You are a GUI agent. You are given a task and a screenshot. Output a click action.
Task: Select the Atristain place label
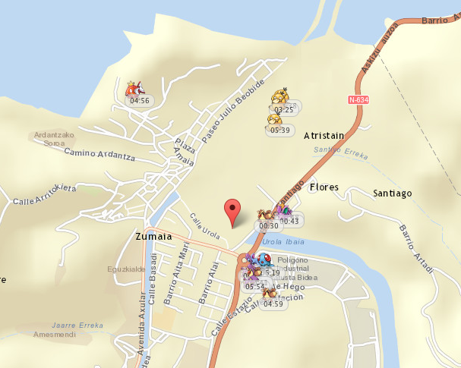click(x=324, y=136)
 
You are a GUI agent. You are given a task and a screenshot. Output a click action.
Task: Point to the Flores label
click(x=324, y=187)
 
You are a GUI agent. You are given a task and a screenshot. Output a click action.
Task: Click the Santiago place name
click(x=392, y=193)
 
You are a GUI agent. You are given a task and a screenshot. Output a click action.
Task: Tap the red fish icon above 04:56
click(x=134, y=88)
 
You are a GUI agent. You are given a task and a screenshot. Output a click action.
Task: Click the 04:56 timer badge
click(x=139, y=100)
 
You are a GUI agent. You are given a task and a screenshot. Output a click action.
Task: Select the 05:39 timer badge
click(x=280, y=131)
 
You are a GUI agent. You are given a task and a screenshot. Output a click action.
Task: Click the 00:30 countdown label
click(x=268, y=225)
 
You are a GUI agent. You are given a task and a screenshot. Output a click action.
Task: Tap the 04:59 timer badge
click(x=273, y=304)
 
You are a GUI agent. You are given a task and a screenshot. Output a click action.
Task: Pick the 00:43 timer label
click(x=289, y=221)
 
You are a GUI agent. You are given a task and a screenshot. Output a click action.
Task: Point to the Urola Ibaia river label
click(x=283, y=242)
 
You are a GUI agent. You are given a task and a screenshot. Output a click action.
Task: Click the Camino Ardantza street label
click(x=99, y=154)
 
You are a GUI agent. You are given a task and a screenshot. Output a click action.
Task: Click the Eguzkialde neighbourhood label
click(x=127, y=269)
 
